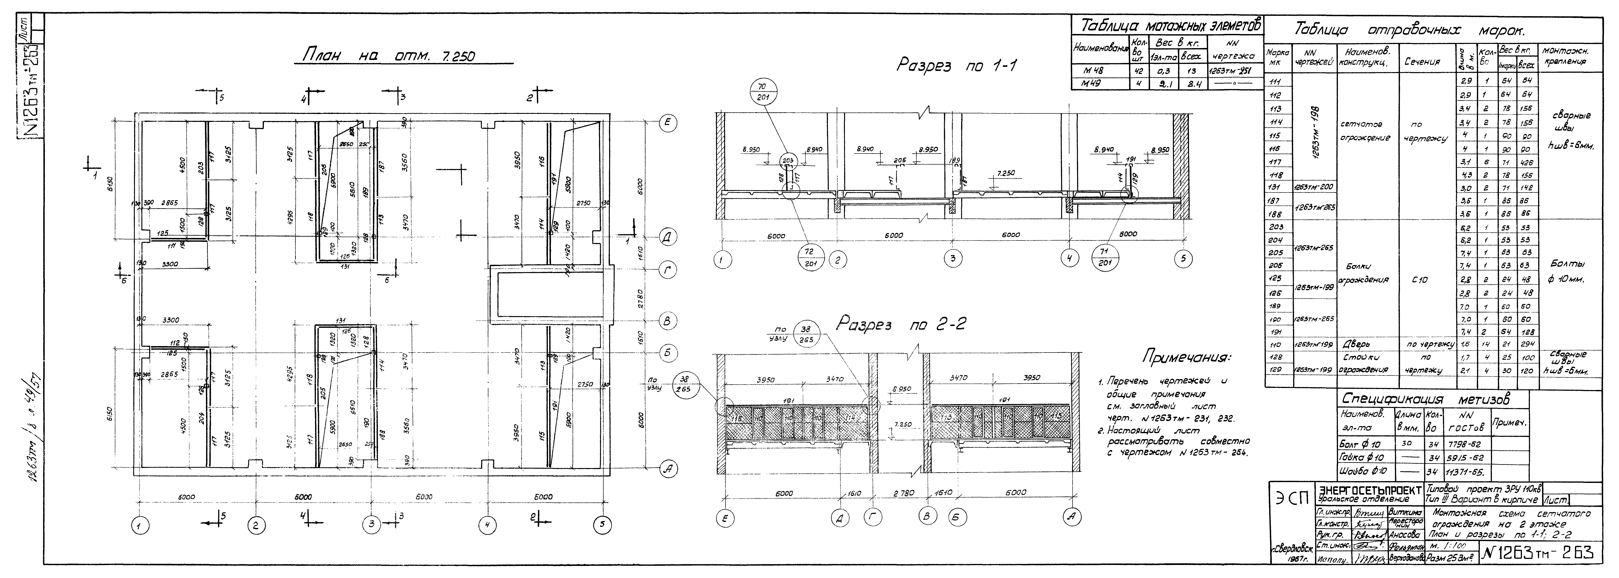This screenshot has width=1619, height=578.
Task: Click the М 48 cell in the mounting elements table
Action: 1097,71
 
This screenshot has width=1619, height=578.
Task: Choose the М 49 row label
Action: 1097,84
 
